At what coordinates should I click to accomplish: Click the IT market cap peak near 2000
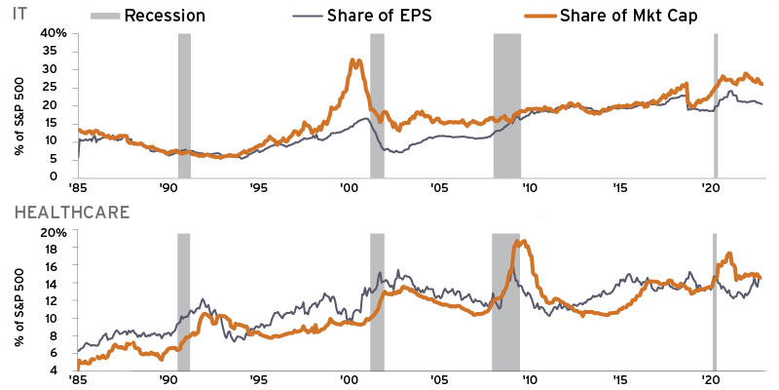coord(354,61)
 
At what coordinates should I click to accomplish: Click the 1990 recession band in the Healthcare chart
coord(183,301)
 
